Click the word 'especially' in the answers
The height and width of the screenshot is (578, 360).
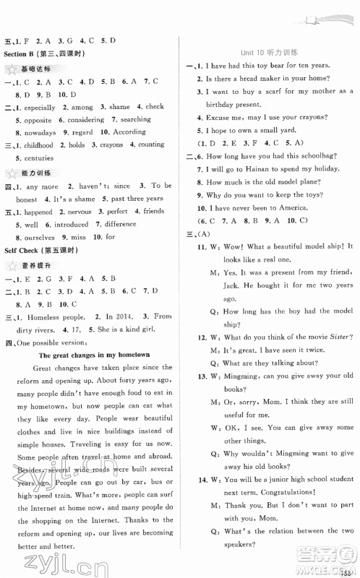click(39, 106)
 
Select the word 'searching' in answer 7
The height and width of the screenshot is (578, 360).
click(137, 120)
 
